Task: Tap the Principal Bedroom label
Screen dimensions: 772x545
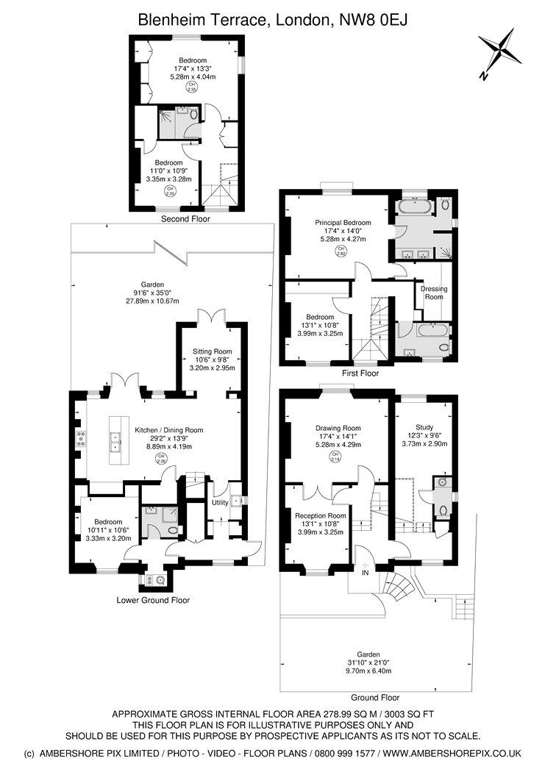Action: pos(343,223)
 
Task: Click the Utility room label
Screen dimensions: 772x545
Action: pos(220,503)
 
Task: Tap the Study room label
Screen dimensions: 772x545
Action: pos(424,427)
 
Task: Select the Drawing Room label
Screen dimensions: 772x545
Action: pos(338,428)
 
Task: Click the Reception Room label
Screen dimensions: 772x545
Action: pos(321,515)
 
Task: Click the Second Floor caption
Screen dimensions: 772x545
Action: pos(186,219)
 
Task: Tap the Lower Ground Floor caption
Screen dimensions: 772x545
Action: pos(153,600)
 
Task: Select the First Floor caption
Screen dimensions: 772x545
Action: pos(360,374)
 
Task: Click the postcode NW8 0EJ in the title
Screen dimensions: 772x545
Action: pos(368,22)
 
